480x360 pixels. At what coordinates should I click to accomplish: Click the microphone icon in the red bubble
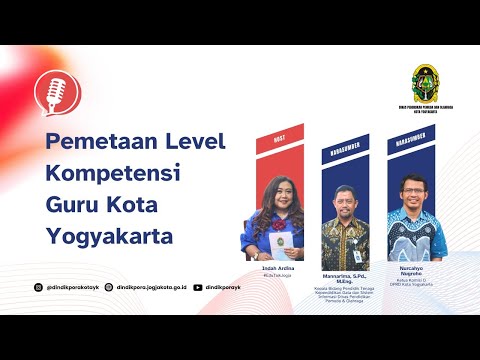[x=52, y=92]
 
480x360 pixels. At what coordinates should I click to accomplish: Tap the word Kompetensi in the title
[x=113, y=172]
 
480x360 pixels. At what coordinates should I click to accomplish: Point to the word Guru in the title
[x=74, y=205]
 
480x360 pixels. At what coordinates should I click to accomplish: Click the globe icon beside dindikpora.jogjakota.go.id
[x=109, y=287]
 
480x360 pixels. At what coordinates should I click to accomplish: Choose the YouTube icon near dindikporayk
[x=197, y=287]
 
